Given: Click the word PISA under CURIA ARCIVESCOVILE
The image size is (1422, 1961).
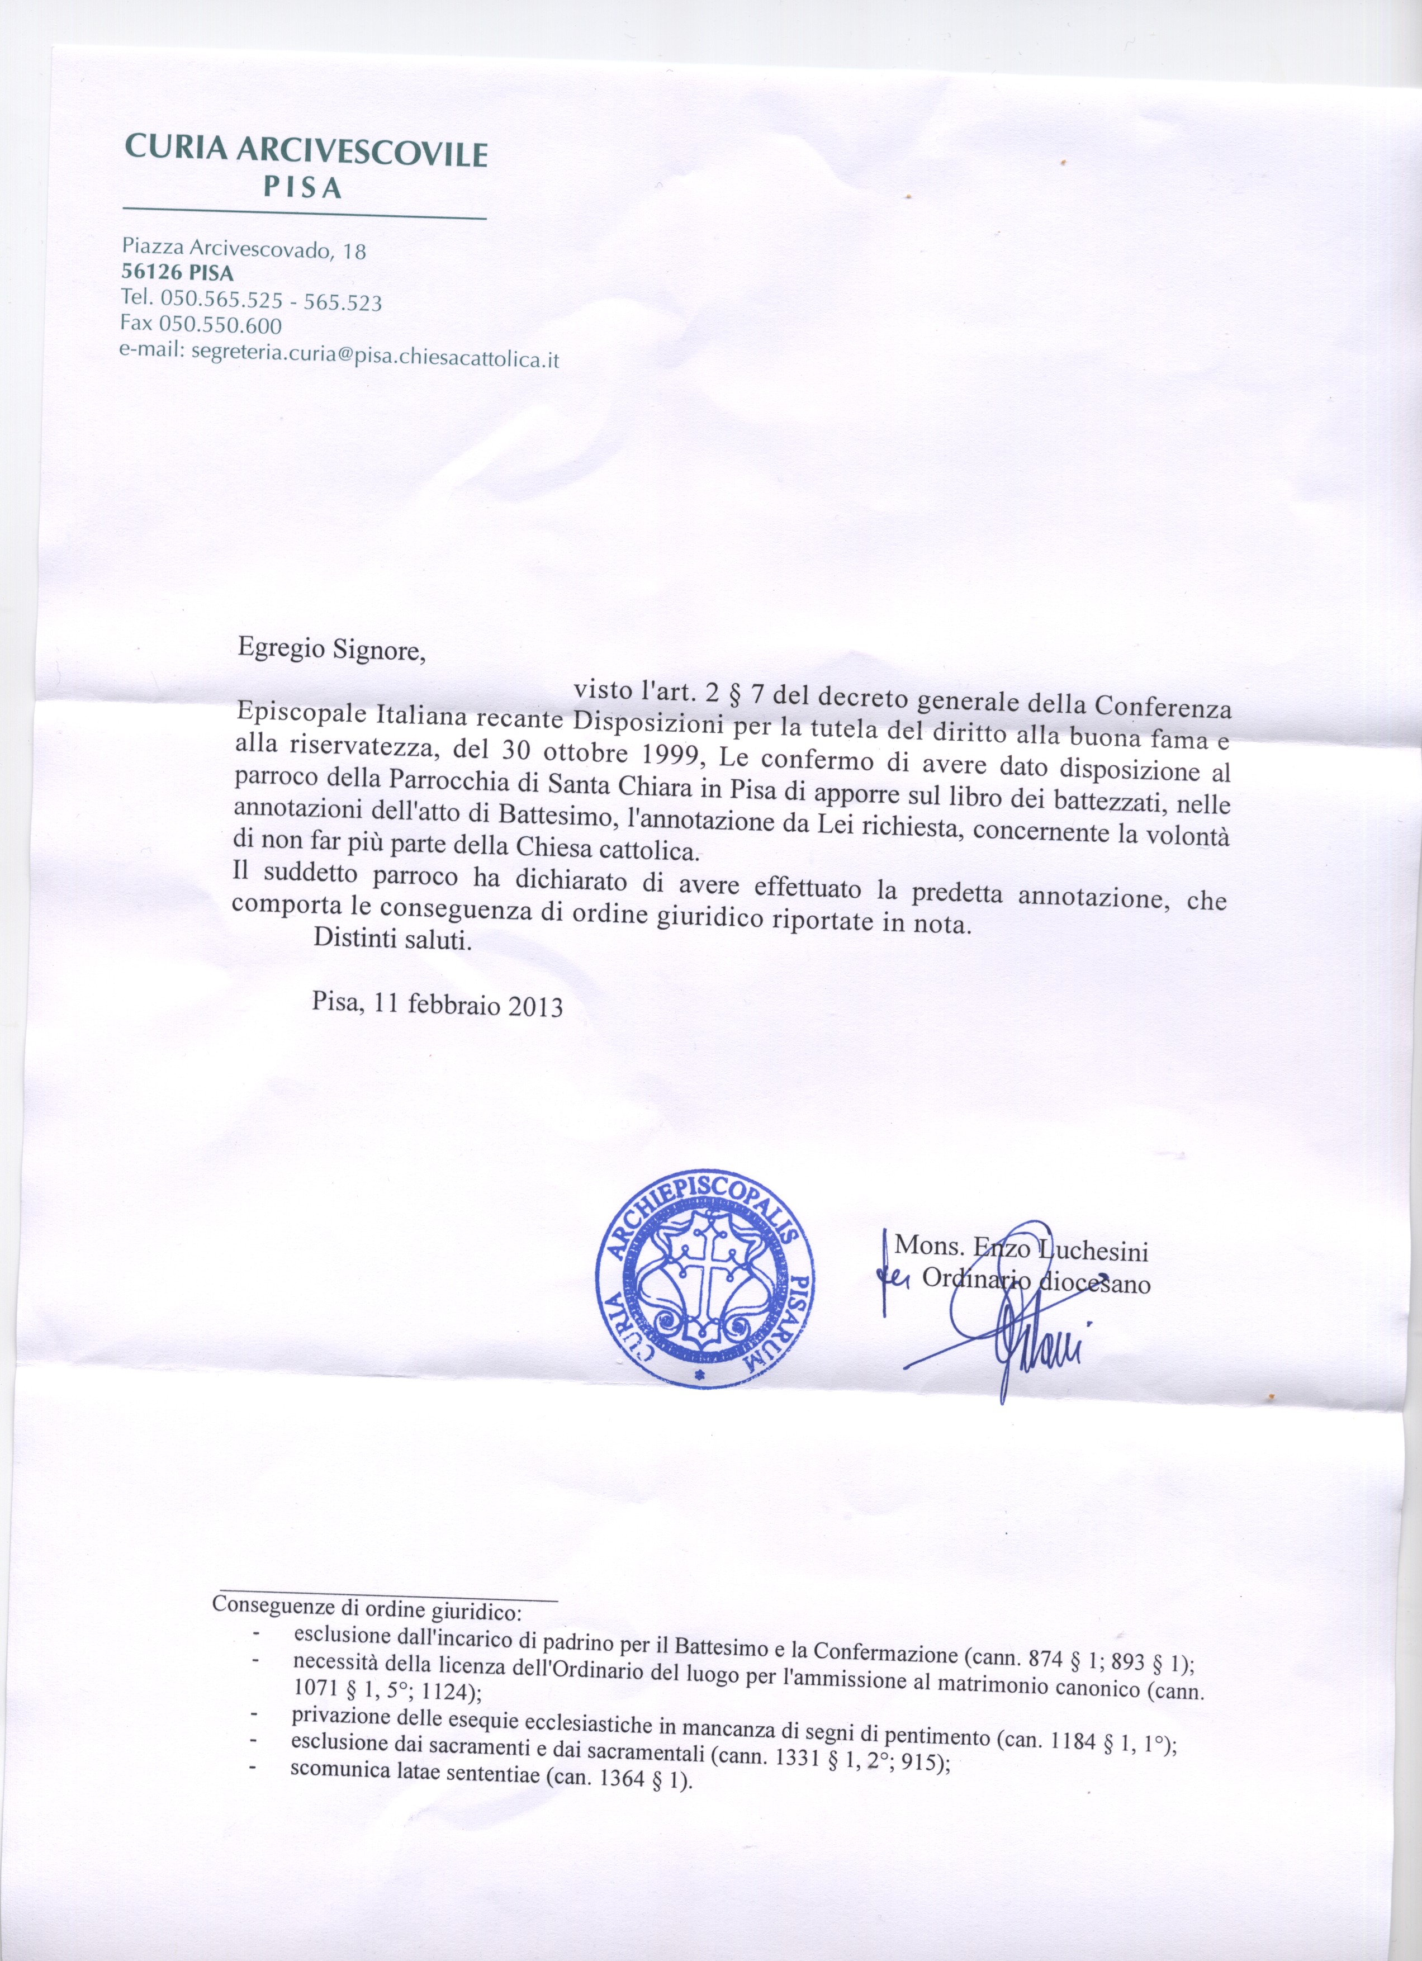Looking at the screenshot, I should tap(302, 188).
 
